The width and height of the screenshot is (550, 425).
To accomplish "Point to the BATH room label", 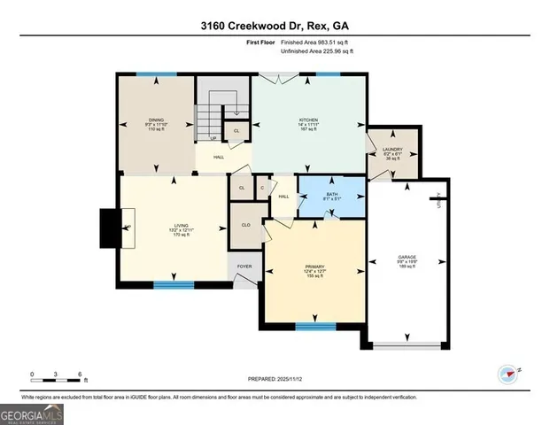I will (331, 196).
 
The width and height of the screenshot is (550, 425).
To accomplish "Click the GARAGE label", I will (407, 259).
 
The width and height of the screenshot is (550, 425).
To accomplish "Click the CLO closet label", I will (245, 226).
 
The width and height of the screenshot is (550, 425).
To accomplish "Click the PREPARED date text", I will (275, 379).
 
